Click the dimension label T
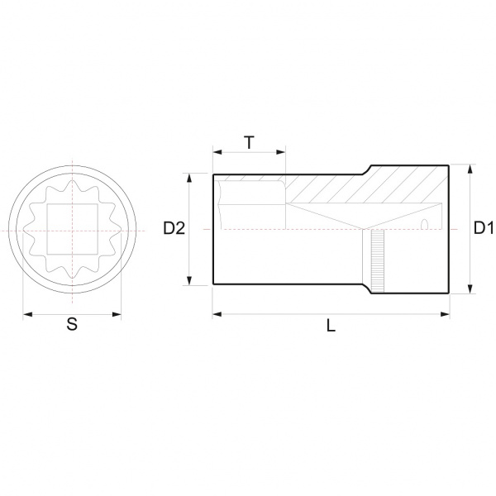point(250,142)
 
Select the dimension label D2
point(174,228)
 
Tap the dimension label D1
point(484,228)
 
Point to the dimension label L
point(331,325)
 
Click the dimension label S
point(72,324)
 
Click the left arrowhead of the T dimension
point(217,152)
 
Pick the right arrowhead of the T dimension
point(281,152)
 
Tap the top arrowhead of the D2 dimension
point(189,178)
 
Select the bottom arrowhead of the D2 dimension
point(189,280)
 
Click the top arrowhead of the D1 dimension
point(470,169)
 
